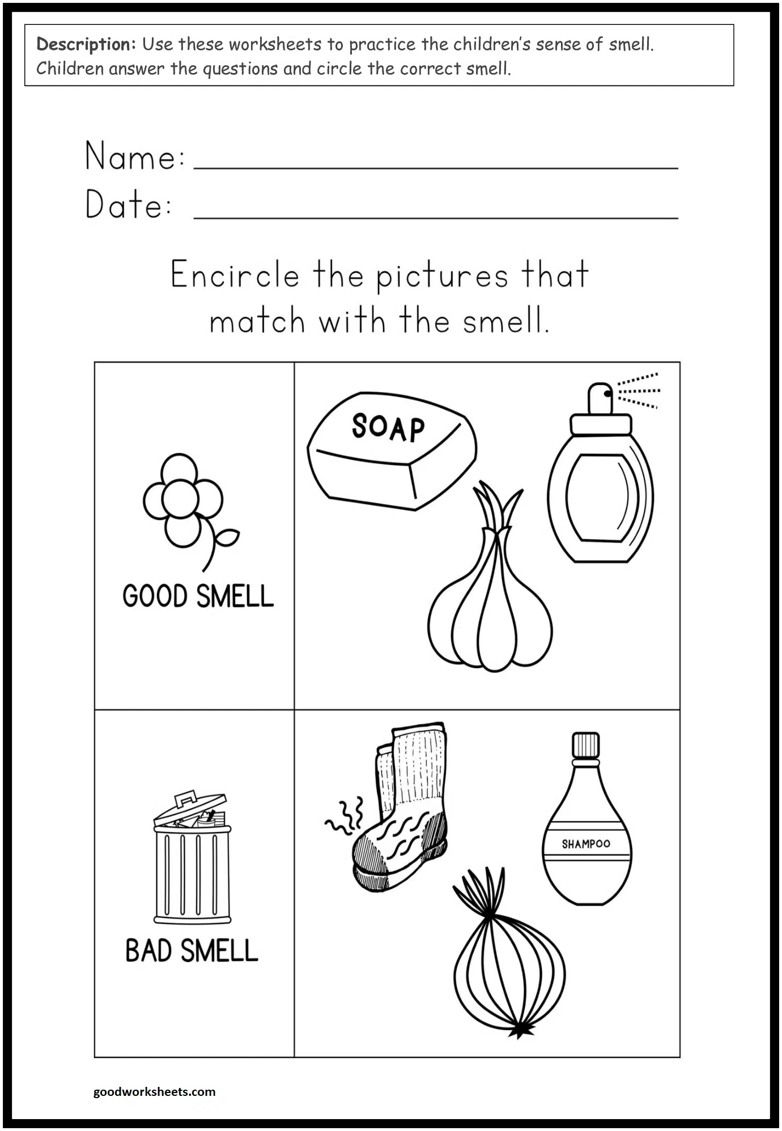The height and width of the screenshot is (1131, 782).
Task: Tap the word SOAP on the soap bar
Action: pos(388,428)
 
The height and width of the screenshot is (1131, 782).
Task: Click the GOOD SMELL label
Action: pos(198,596)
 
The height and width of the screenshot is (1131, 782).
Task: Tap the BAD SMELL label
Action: pos(192,951)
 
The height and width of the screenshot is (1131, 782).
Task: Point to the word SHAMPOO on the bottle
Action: pos(586,844)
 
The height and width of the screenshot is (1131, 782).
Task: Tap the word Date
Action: pos(128,204)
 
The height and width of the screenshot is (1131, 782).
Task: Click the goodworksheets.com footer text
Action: pos(154,1091)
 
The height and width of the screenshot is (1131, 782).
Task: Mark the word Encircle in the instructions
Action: pos(235,276)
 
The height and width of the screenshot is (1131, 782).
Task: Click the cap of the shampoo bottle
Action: pos(585,745)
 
